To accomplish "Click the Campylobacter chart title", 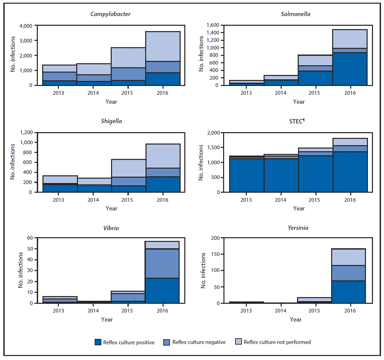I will [x=110, y=14].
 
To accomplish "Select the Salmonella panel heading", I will [x=295, y=14].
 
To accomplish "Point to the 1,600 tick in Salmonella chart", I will [x=213, y=25].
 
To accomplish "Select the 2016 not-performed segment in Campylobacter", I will [x=163, y=46].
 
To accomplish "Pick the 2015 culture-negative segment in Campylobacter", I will [x=128, y=74].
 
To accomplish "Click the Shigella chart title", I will [x=111, y=121].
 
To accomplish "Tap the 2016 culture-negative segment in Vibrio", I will [x=162, y=263].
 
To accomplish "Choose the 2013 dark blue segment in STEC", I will [x=246, y=175].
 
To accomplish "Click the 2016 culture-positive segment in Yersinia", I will [x=348, y=292].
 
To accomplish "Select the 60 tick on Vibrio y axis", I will [x=30, y=238].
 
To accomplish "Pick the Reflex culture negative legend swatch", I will [x=167, y=342].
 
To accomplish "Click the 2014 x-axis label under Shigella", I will [x=93, y=200].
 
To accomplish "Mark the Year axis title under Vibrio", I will [x=107, y=320].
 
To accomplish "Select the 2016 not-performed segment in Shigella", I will [x=163, y=156].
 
